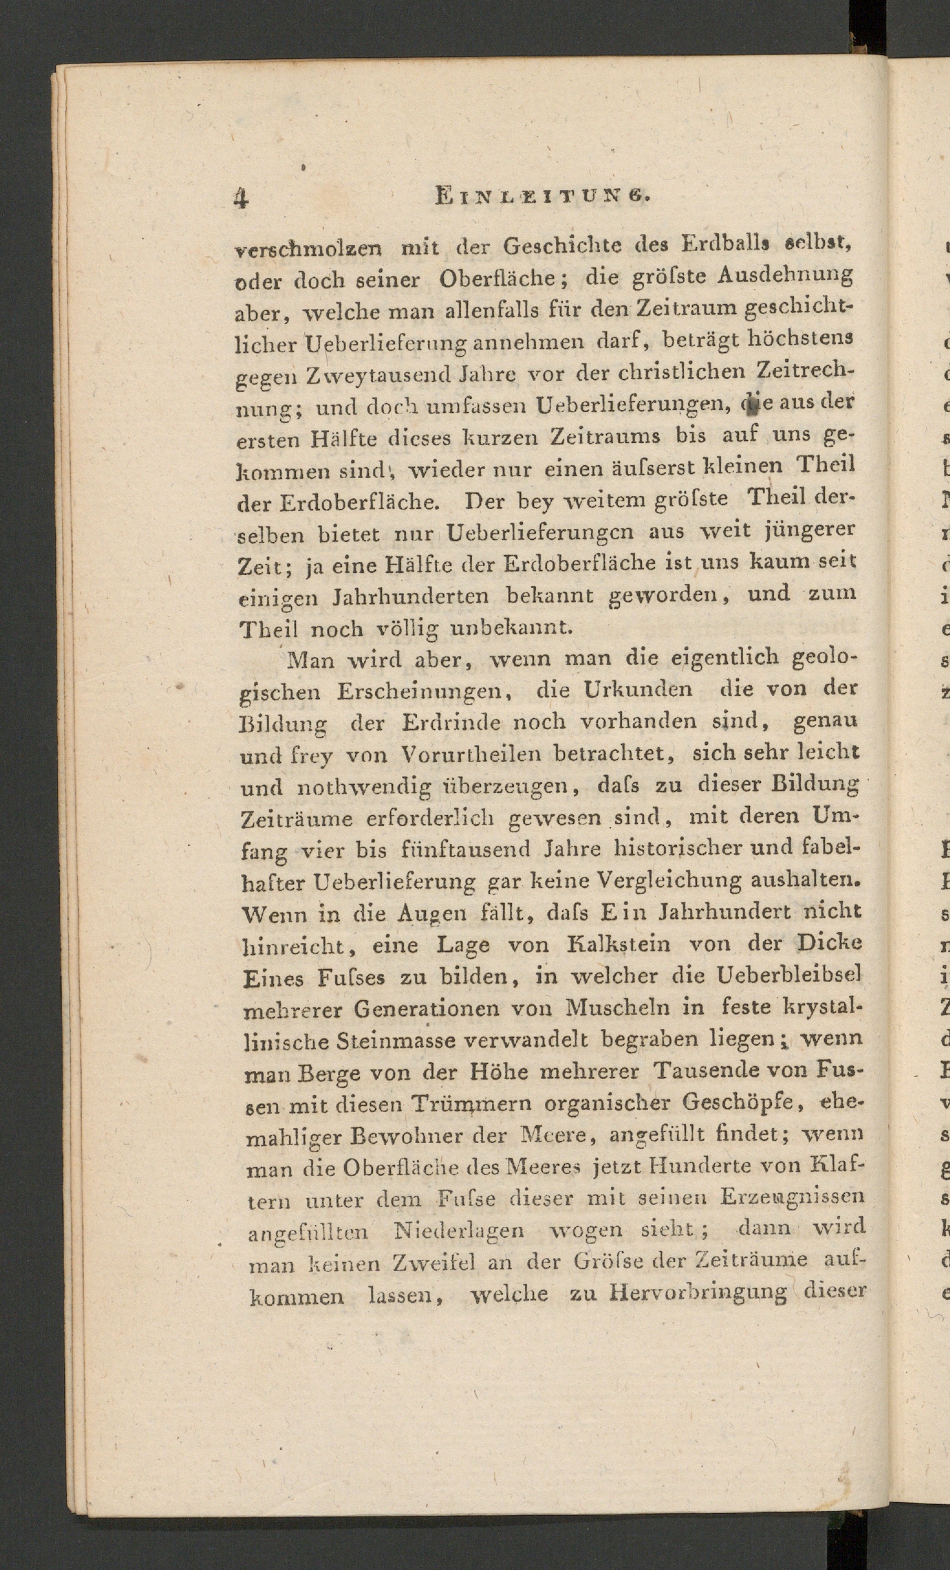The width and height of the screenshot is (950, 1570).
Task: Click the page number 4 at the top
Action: click(240, 198)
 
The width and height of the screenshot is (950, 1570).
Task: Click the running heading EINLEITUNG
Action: click(542, 195)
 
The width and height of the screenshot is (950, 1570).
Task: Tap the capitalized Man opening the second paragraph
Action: click(311, 660)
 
